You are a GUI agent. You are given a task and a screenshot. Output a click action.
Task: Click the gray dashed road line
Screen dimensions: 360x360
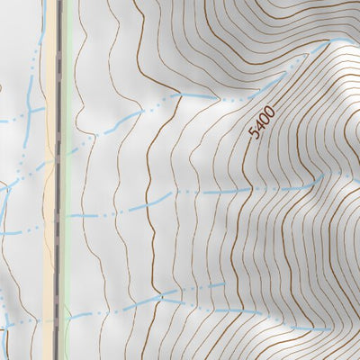point(59,180)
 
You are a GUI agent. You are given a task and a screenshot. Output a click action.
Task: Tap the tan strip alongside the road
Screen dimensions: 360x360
point(50,180)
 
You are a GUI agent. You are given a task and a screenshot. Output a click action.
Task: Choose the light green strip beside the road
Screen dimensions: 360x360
point(67,180)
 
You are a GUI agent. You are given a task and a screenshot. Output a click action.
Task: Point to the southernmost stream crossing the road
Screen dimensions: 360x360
point(59,317)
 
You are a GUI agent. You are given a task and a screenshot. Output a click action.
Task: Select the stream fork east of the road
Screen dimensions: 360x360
point(160,295)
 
